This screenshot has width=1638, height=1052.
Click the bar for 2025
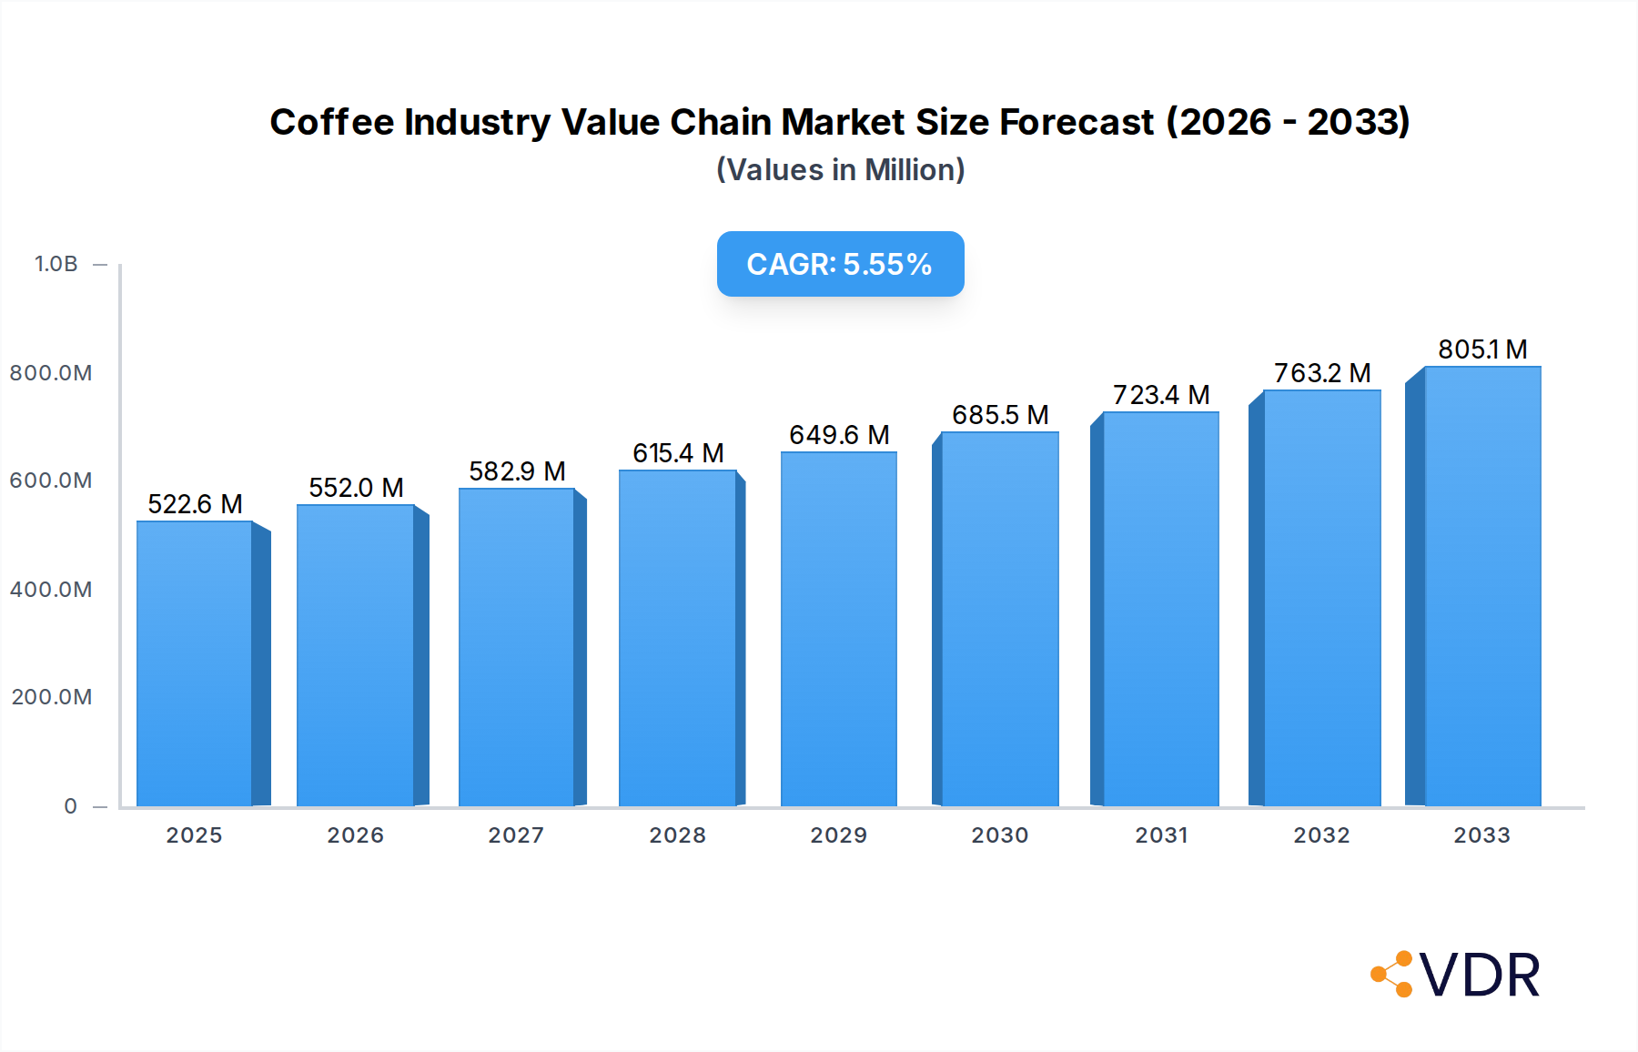[x=195, y=664]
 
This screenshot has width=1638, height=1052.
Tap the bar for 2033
[x=1482, y=587]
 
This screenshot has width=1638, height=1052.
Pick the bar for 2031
[x=1160, y=610]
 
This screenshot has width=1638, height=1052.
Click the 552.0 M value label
[x=356, y=488]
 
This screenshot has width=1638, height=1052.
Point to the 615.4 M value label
[x=678, y=453]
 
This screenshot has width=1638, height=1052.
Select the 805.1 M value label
[x=1482, y=349]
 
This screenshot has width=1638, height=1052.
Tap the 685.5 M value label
[x=1000, y=415]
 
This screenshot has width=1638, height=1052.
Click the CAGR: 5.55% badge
[x=840, y=264]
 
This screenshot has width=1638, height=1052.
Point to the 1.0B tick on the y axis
[x=56, y=264]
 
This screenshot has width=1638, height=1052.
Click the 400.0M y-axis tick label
[x=51, y=590]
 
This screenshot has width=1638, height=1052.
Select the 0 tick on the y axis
[x=71, y=806]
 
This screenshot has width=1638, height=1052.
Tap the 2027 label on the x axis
[x=516, y=835]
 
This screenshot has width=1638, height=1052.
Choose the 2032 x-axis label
[x=1321, y=835]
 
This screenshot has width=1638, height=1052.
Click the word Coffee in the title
[x=332, y=122]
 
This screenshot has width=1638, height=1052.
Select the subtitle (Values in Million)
[x=840, y=170]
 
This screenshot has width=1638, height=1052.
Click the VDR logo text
[x=1480, y=976]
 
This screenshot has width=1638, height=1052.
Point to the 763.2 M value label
[x=1321, y=373]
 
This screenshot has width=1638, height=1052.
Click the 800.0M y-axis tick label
[x=51, y=373]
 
